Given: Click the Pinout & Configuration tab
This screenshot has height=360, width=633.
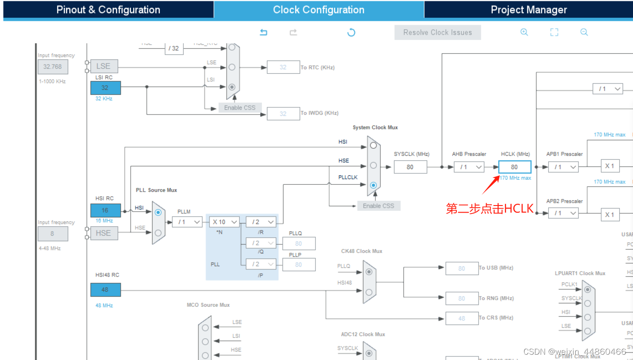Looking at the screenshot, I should pos(108,10).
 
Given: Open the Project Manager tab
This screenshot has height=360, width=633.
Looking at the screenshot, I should pos(529,10).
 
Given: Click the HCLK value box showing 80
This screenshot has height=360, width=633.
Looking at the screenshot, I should pos(514,167).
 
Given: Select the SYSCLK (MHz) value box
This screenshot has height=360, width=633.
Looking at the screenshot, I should pos(410,167).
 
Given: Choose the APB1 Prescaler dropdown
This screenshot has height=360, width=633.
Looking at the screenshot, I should pos(563,167).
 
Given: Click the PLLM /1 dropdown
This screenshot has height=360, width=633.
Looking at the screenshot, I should pos(187,222).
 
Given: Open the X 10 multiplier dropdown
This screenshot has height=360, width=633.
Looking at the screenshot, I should pos(225,222).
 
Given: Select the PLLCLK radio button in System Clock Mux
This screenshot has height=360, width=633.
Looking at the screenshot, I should pos(373,185).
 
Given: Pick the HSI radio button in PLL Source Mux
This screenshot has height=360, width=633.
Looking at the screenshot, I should pos(158,212).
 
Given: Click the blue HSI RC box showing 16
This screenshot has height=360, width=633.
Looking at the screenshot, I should pos(105,210).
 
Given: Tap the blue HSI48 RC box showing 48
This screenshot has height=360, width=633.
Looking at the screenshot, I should pos(105,290).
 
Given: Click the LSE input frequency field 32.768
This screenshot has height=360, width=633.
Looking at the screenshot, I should pos(53,67).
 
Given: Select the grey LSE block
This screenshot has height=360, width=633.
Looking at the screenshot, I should pos(104,66).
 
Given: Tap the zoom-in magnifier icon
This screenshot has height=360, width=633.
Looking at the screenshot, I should pos(524,32).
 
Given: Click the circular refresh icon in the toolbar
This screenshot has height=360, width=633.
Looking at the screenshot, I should pos(351,32).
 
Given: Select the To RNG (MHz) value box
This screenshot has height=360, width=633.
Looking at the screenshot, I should pos(462,298).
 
